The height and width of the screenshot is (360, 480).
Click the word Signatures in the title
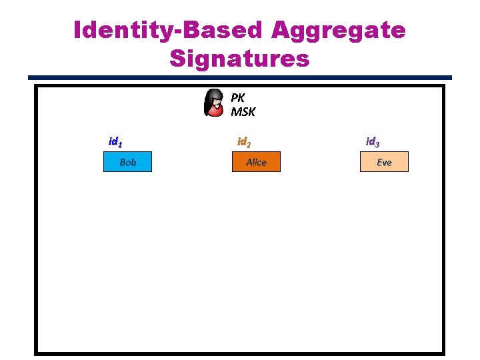(x=239, y=59)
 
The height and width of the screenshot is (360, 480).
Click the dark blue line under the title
(x=240, y=78)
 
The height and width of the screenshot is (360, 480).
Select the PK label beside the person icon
(x=238, y=97)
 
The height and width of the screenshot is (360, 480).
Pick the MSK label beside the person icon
(x=243, y=111)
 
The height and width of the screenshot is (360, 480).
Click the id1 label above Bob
(x=115, y=142)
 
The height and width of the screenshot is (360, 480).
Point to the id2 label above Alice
(x=244, y=142)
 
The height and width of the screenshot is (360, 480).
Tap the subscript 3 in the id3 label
(x=378, y=144)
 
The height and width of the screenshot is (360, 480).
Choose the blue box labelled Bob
(x=127, y=162)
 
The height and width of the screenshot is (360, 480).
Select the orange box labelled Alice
(x=256, y=162)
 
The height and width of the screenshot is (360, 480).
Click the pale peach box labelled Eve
(x=384, y=162)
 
